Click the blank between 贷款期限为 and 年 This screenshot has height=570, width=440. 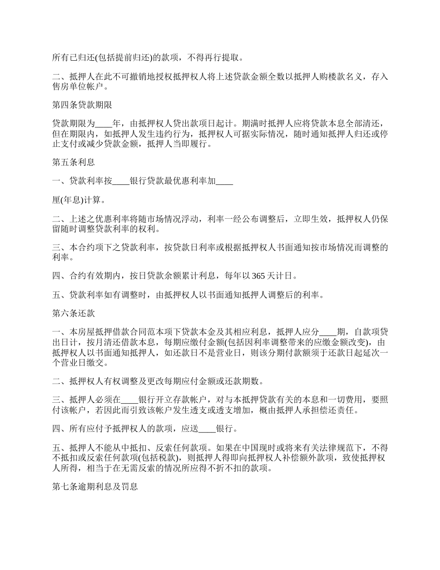pyautogui.click(x=103, y=124)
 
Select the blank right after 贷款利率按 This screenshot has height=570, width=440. pyautogui.click(x=121, y=182)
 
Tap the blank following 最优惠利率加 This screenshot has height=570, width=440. pyautogui.click(x=225, y=182)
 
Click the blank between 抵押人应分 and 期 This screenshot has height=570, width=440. pyautogui.click(x=328, y=332)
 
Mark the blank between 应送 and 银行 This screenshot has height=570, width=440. pyautogui.click(x=207, y=429)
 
